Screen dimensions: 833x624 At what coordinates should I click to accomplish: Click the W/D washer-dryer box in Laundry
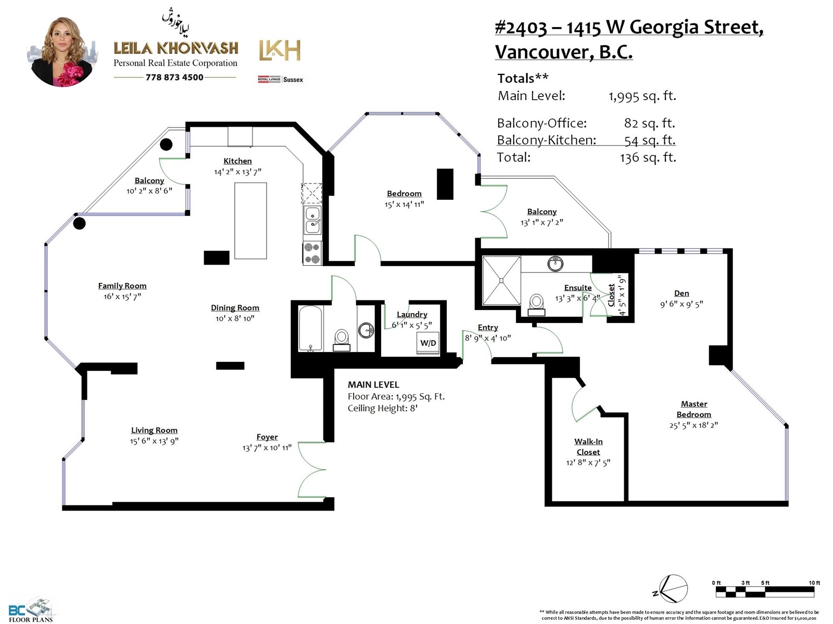pyautogui.click(x=428, y=343)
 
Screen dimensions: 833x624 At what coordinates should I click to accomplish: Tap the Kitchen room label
pyautogui.click(x=237, y=161)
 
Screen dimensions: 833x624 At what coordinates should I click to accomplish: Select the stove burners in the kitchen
pyautogui.click(x=312, y=254)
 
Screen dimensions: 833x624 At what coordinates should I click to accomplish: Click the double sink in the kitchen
pyautogui.click(x=312, y=220)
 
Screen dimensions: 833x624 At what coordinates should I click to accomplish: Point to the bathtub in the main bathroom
pyautogui.click(x=310, y=329)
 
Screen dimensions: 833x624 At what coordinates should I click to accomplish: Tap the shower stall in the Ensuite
pyautogui.click(x=501, y=280)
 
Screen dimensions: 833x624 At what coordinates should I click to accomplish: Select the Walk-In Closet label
pyautogui.click(x=588, y=447)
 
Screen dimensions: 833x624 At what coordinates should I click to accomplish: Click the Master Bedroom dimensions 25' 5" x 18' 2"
pyautogui.click(x=693, y=425)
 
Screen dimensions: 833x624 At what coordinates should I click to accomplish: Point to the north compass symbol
pyautogui.click(x=672, y=589)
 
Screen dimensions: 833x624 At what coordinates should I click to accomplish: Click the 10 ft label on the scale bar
pyautogui.click(x=814, y=583)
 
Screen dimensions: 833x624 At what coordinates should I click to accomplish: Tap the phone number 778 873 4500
pyautogui.click(x=174, y=77)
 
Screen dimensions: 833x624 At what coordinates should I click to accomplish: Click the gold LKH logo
pyautogui.click(x=280, y=50)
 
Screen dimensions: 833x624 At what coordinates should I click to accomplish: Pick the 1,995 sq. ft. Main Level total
pyautogui.click(x=642, y=96)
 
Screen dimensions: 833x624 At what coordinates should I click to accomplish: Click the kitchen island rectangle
pyautogui.click(x=250, y=221)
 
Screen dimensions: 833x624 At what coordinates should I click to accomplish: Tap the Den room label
pyautogui.click(x=681, y=293)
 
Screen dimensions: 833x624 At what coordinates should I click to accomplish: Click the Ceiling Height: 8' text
pyautogui.click(x=383, y=408)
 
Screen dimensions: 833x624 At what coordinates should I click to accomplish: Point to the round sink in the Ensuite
pyautogui.click(x=555, y=264)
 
